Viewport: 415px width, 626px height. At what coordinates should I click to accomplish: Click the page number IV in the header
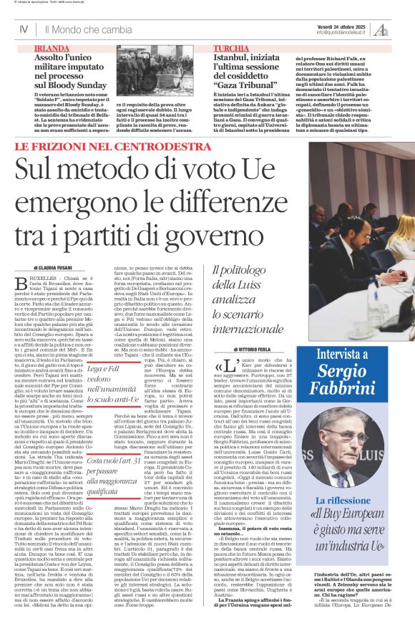point(23,29)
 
